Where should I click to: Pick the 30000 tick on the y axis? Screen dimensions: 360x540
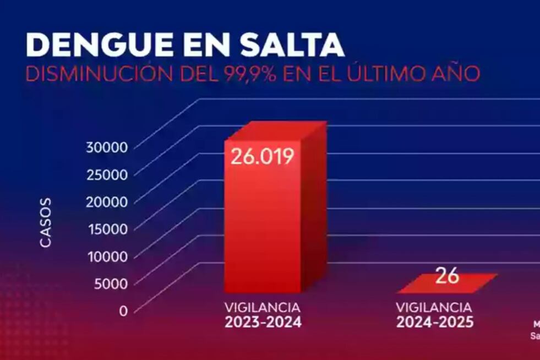pyautogui.click(x=107, y=147)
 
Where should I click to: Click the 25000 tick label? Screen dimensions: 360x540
pyautogui.click(x=107, y=174)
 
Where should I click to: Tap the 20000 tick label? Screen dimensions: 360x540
pyautogui.click(x=107, y=201)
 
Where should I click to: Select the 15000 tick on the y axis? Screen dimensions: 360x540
pyautogui.click(x=107, y=229)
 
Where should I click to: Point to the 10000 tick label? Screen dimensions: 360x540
pyautogui.click(x=107, y=257)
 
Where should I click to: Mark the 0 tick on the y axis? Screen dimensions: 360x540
pyautogui.click(x=123, y=310)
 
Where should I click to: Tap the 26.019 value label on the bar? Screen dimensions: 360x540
pyautogui.click(x=262, y=156)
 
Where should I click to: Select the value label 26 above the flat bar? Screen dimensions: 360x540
pyautogui.click(x=447, y=276)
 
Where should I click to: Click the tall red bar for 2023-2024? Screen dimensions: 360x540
pyautogui.click(x=264, y=231)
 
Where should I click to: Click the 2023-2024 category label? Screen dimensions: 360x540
pyautogui.click(x=263, y=323)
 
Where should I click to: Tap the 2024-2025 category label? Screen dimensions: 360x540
pyautogui.click(x=434, y=323)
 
